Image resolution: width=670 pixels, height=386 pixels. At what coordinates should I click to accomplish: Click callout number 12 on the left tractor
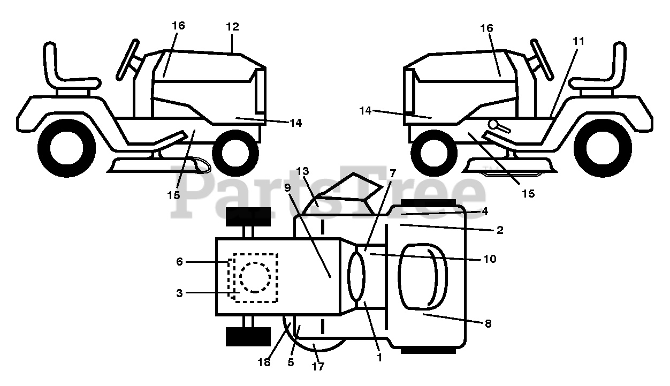click(x=232, y=27)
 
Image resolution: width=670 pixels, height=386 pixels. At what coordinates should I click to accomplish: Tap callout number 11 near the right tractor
click(x=578, y=41)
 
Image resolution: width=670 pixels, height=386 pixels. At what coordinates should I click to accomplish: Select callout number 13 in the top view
click(x=302, y=172)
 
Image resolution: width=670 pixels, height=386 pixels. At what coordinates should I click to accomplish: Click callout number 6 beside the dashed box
click(x=179, y=262)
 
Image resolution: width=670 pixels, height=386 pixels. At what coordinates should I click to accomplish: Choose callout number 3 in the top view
click(x=179, y=293)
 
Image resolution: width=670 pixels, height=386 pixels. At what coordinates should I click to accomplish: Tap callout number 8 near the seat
click(x=487, y=324)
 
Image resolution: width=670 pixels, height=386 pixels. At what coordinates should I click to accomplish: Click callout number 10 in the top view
click(x=489, y=259)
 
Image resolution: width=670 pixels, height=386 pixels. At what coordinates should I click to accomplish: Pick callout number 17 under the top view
click(x=318, y=367)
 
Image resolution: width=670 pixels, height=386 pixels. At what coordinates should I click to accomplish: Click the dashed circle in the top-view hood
click(x=255, y=277)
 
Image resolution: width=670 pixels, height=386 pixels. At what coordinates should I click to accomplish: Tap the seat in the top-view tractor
click(x=423, y=277)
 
